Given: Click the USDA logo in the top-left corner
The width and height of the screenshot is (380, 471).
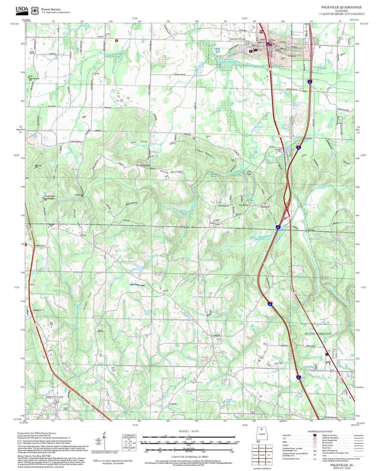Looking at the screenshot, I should (22, 10).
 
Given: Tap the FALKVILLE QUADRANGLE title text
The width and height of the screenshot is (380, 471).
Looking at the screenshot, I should (341, 7).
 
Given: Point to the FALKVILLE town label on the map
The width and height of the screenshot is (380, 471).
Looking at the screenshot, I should (237, 39).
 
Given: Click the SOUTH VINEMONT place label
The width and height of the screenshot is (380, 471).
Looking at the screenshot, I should (318, 334).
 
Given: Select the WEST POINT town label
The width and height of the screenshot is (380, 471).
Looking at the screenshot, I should (54, 397).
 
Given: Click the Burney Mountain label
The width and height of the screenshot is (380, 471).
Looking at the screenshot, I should (171, 172).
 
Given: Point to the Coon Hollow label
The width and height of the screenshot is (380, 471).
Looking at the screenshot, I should (139, 142).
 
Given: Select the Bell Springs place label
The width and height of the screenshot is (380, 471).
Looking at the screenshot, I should (243, 205).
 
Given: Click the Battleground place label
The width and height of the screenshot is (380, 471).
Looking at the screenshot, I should (40, 245).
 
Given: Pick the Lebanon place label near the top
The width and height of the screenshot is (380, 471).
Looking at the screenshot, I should (100, 36).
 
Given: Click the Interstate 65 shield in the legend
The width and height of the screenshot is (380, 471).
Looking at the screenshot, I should (315, 435).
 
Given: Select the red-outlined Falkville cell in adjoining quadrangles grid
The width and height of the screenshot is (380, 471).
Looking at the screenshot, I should (262, 454).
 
